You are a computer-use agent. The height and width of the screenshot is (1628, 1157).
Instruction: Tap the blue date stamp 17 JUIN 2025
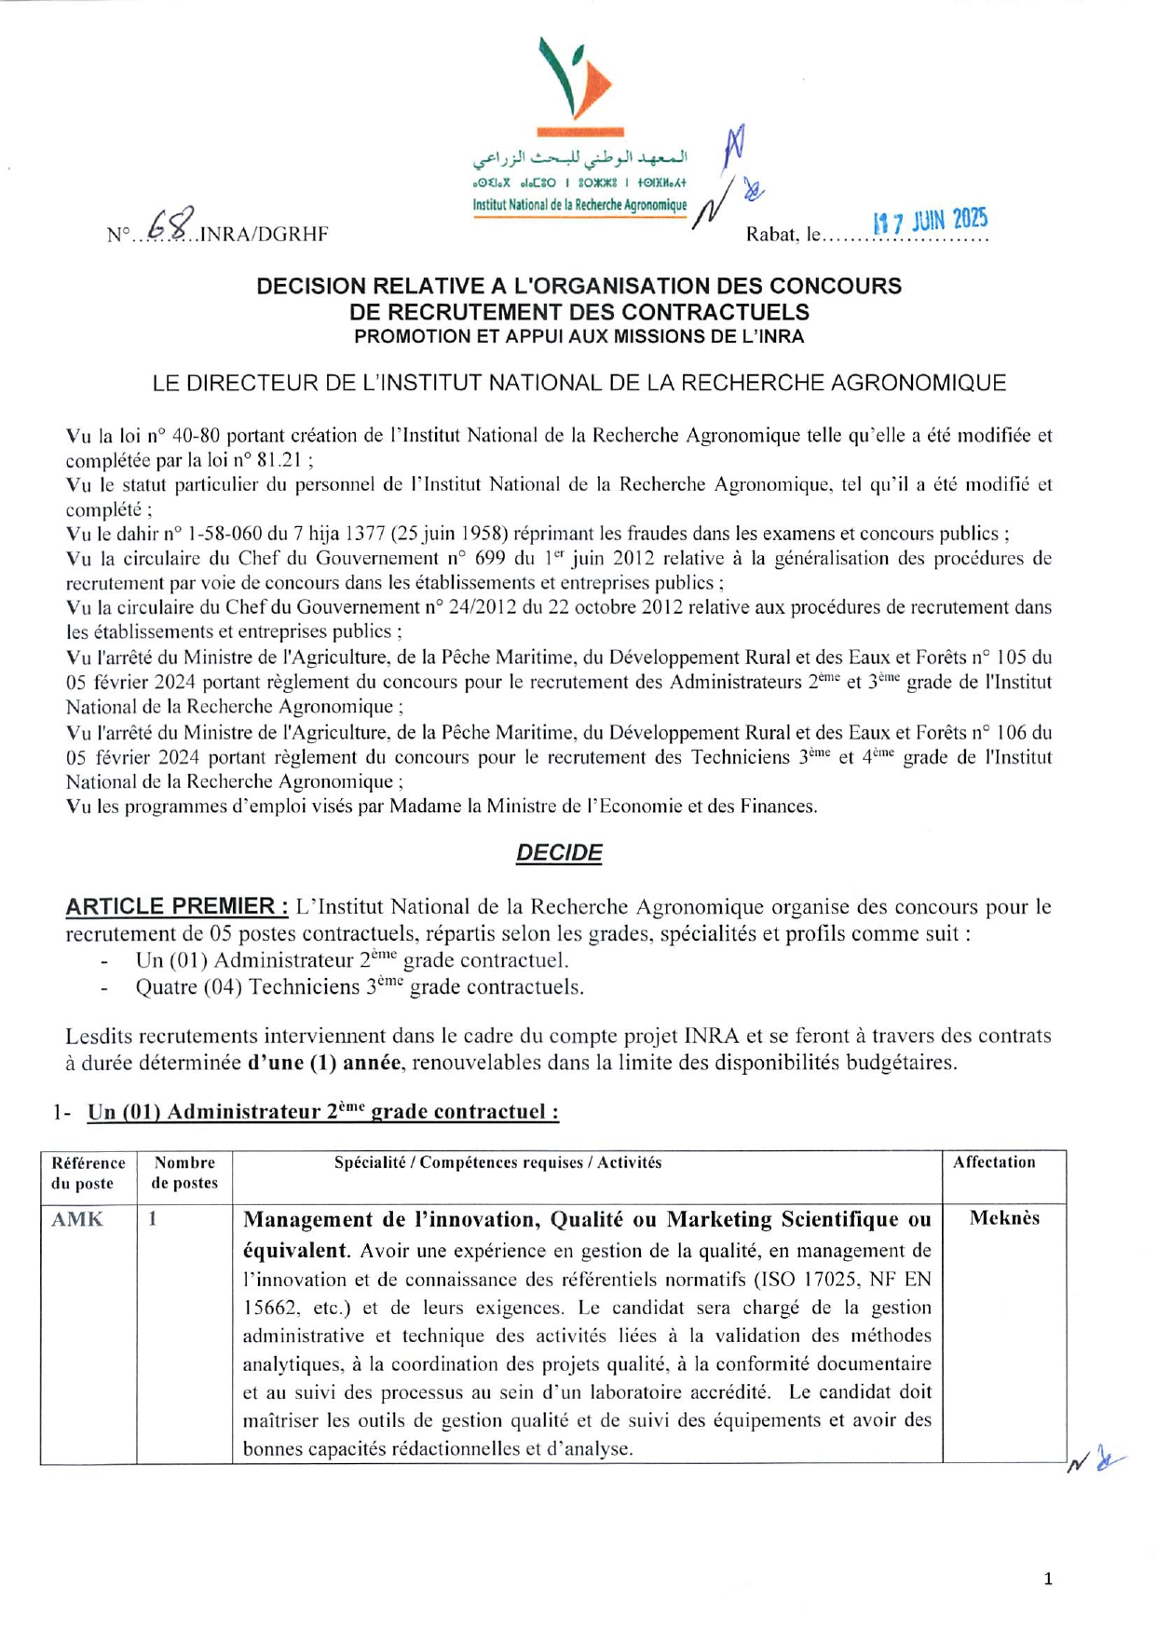[929, 221]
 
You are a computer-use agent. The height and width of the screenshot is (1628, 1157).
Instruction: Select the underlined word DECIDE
[559, 852]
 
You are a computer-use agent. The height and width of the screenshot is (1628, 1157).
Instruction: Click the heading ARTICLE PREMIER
[176, 906]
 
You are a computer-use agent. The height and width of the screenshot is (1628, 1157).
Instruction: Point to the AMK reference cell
[77, 1219]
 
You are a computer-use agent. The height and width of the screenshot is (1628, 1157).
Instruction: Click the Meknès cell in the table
[1004, 1218]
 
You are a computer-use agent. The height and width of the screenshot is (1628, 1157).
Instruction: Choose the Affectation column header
[994, 1162]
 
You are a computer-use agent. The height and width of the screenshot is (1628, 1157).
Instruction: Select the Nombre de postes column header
[184, 1173]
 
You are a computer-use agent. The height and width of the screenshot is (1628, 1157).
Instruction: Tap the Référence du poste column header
[88, 1173]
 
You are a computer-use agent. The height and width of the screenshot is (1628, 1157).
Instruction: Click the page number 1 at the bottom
[1048, 1579]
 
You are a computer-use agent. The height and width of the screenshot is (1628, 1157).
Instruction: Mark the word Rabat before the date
[770, 235]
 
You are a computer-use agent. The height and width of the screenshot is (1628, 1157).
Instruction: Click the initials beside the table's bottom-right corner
[1095, 1460]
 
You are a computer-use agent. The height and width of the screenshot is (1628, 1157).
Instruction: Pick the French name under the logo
[579, 206]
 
